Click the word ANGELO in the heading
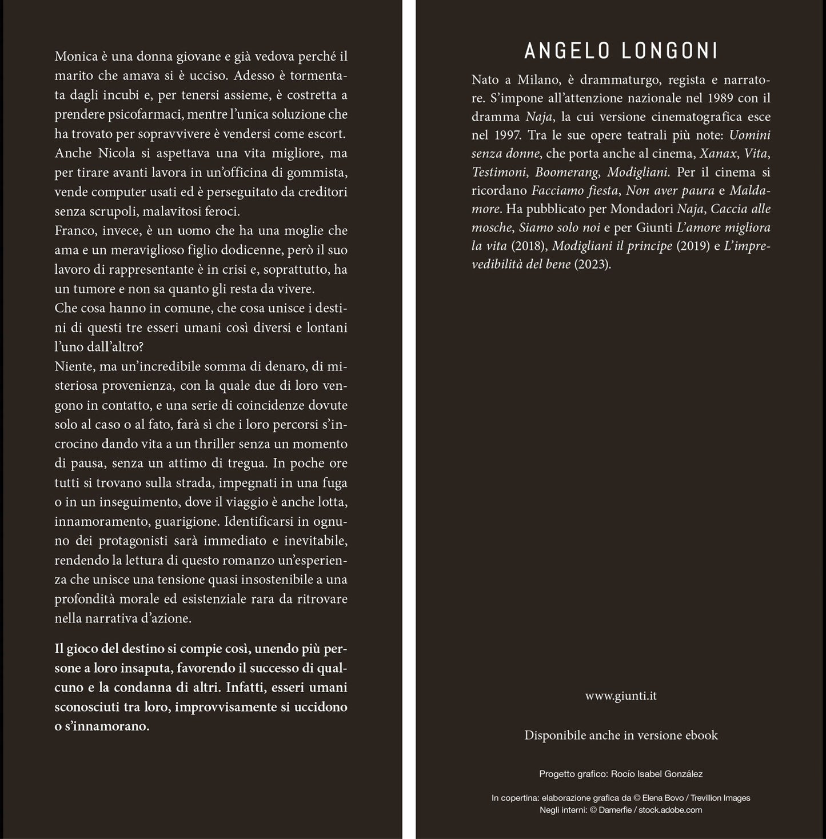coord(566,51)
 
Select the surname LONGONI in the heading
coord(669,51)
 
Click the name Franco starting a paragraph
coord(74,230)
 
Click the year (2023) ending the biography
coord(592,265)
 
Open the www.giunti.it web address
coord(621,696)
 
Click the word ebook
coord(701,735)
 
